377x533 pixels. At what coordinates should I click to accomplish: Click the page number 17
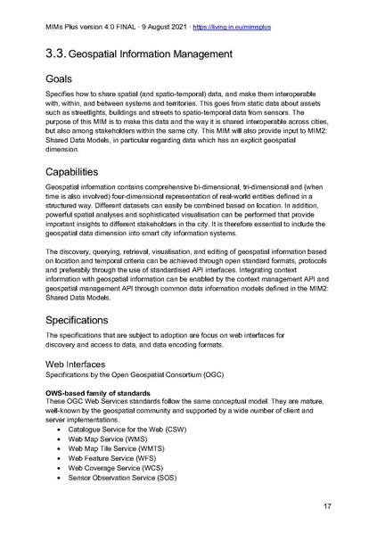click(x=327, y=507)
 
